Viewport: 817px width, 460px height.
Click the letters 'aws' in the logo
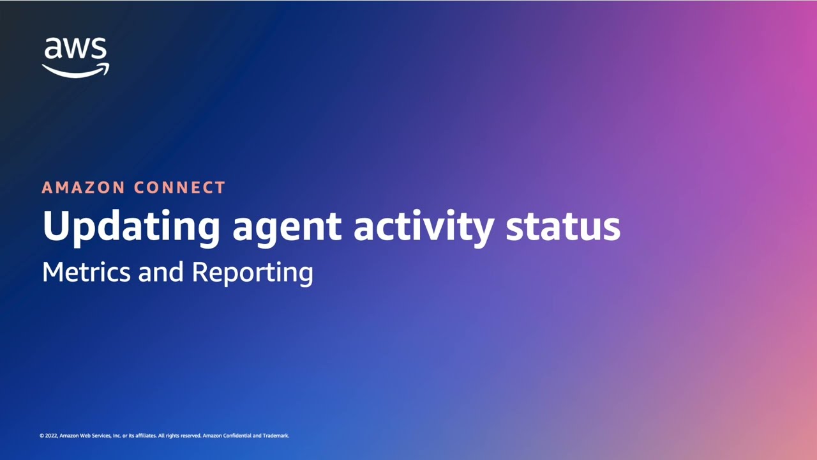75,50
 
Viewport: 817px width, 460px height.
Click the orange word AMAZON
84,188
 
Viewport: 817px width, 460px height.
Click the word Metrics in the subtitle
87,272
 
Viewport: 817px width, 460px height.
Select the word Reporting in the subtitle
252,273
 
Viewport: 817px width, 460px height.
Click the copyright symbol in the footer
41,436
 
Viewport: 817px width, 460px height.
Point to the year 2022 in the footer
51,436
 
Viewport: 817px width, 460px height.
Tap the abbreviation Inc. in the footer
117,436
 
